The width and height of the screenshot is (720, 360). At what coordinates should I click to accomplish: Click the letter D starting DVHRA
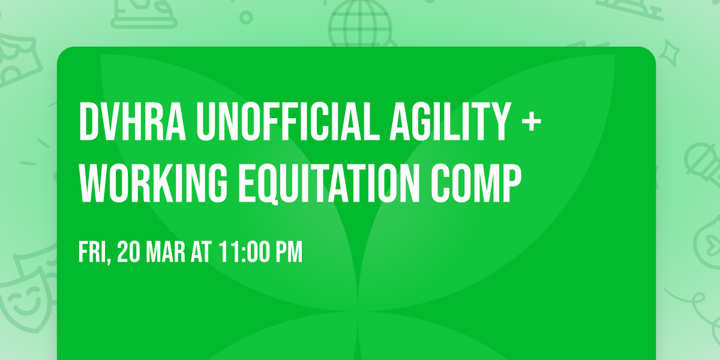(88, 122)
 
